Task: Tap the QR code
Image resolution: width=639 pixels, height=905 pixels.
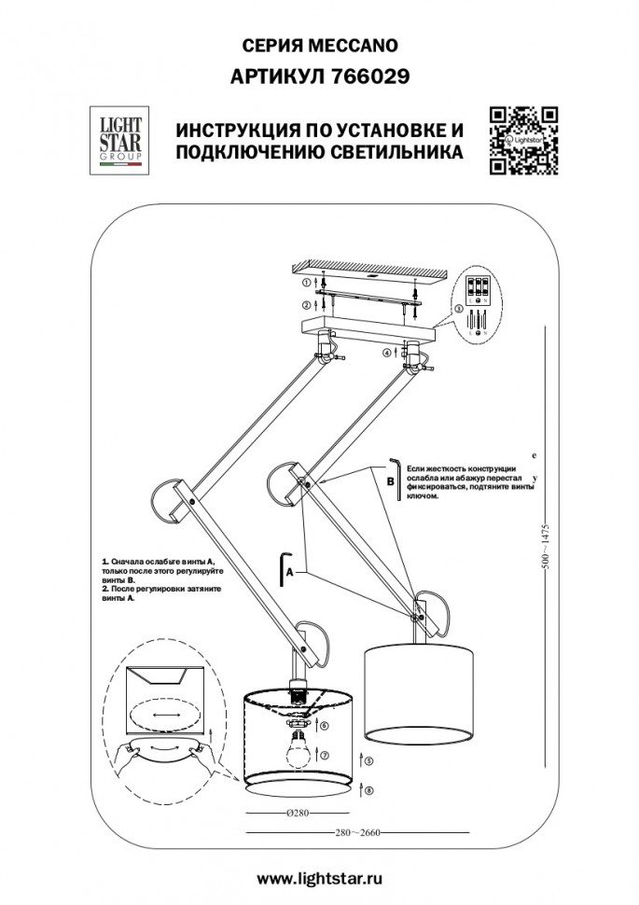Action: [523, 141]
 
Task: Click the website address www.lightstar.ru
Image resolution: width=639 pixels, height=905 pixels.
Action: [319, 877]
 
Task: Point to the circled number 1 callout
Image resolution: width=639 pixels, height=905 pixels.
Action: [307, 281]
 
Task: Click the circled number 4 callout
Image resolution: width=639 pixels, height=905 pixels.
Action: [386, 353]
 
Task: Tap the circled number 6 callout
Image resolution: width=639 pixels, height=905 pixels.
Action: [324, 725]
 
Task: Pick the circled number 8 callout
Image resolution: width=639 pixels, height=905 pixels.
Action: [369, 790]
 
